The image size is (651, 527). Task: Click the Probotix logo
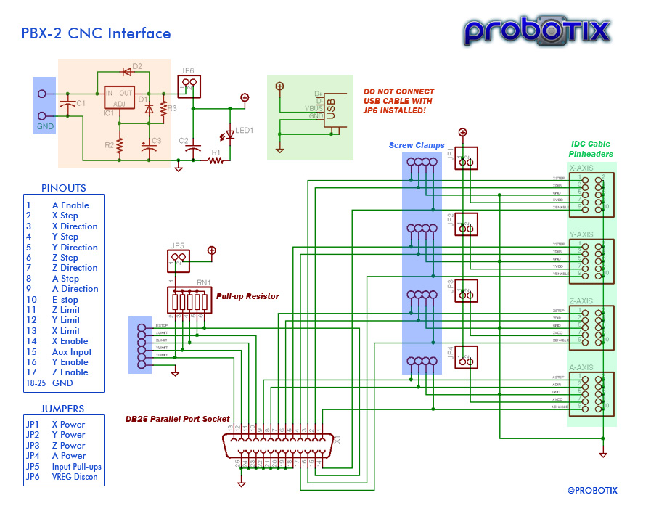[x=537, y=30]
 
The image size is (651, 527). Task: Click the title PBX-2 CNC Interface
[x=96, y=33]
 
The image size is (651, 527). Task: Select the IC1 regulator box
[x=119, y=99]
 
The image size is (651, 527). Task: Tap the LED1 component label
[x=245, y=131]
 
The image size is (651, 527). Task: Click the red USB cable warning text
[x=398, y=101]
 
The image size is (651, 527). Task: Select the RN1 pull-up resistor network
[x=189, y=299]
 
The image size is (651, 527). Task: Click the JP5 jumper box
[x=178, y=258]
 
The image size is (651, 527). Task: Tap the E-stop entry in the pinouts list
[x=65, y=300]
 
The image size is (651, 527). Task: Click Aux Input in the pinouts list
[x=72, y=352]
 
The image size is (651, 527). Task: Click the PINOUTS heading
[x=63, y=187]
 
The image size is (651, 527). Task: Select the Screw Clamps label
[x=417, y=146]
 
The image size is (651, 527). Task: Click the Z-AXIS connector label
[x=581, y=301]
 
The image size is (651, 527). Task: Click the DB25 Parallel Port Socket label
[x=177, y=419]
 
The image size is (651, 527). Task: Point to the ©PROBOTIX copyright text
[x=592, y=490]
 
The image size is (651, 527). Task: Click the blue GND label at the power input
[x=44, y=127]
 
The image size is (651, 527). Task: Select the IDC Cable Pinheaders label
[x=590, y=149]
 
